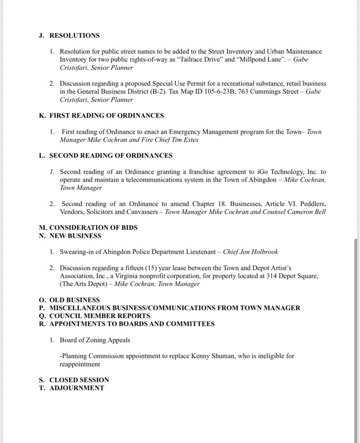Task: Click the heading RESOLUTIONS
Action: click(x=74, y=36)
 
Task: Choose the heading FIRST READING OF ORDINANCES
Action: click(x=107, y=116)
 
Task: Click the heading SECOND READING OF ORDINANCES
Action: click(x=111, y=156)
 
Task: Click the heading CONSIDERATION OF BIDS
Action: click(x=94, y=227)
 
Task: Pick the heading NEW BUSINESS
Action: click(x=75, y=236)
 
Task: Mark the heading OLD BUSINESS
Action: click(x=74, y=300)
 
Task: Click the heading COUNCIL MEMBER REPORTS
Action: click(x=100, y=316)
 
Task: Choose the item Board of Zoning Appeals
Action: click(x=95, y=340)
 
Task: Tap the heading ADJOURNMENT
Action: click(x=77, y=388)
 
